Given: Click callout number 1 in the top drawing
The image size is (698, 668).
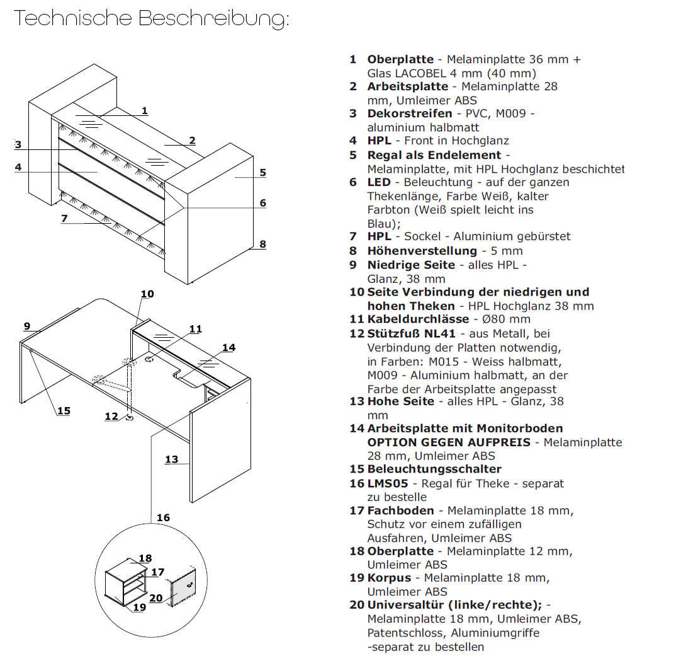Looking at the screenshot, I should click(145, 111).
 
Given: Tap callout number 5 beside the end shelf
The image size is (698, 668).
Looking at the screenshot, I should click(263, 172).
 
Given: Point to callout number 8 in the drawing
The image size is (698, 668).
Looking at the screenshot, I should click(262, 244).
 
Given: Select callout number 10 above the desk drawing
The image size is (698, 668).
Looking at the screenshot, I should click(147, 294).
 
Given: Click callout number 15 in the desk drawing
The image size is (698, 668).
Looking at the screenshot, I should click(64, 411).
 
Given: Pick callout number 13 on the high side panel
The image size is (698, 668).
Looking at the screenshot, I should click(172, 459).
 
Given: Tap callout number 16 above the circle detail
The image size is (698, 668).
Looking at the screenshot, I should click(163, 517).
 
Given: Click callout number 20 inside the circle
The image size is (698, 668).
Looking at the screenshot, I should click(155, 597).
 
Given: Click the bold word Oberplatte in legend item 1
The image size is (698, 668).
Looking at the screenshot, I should click(400, 59).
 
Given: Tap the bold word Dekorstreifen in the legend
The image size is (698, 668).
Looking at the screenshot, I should click(410, 113).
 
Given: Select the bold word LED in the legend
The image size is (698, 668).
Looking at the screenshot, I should click(379, 182).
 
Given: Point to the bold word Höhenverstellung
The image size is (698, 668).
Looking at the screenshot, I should click(422, 251).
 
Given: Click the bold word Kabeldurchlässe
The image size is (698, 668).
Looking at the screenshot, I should click(418, 320).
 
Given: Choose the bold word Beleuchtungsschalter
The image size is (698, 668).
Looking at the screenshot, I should click(434, 469).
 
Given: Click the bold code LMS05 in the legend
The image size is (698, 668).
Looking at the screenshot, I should click(388, 483).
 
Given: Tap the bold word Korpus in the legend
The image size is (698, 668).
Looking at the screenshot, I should click(389, 578).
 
